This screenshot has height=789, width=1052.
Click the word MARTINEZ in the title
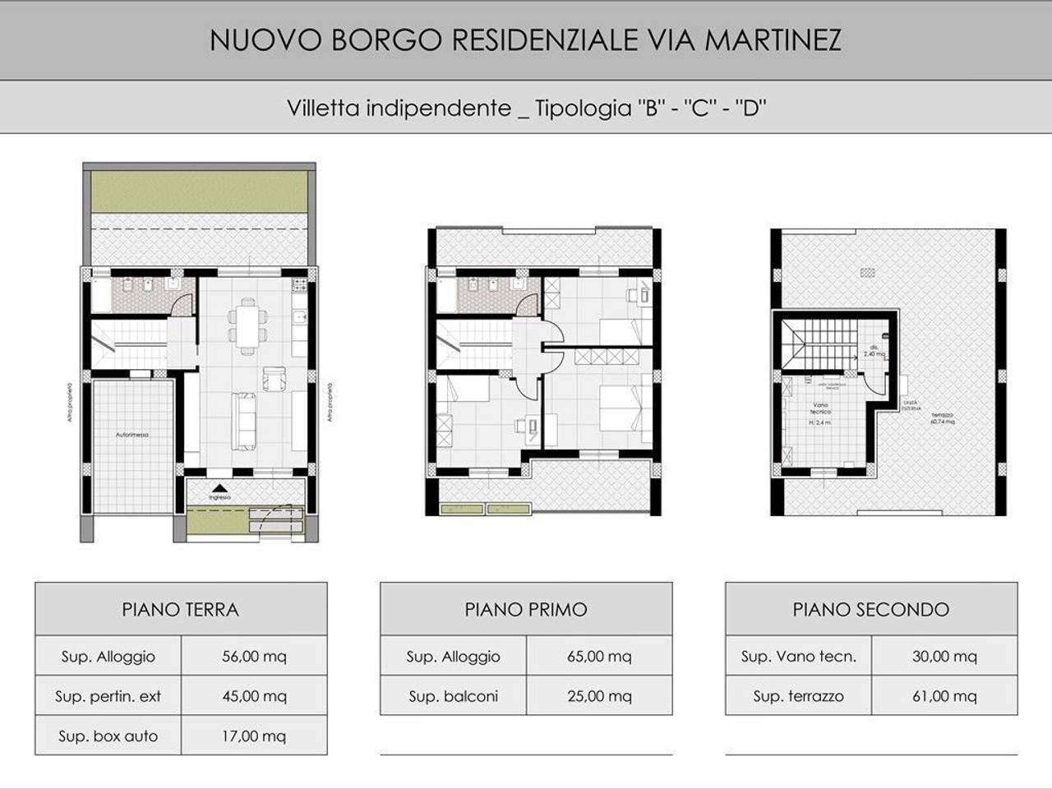[773, 40]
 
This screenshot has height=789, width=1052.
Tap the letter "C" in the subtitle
[699, 108]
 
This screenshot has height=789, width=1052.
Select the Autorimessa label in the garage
[132, 434]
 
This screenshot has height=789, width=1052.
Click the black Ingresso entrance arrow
[219, 487]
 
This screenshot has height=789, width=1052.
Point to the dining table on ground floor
[247, 326]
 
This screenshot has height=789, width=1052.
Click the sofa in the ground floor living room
[245, 421]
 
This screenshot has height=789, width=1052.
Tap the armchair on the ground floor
[273, 378]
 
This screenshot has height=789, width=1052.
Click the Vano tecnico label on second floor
[821, 408]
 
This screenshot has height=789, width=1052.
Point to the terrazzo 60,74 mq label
[942, 418]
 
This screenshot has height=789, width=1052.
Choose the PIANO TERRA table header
[180, 610]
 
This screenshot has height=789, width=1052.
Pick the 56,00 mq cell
[254, 657]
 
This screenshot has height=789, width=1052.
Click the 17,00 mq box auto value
[254, 736]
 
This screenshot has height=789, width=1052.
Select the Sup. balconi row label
[453, 696]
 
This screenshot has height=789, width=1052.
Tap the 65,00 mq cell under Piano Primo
[599, 657]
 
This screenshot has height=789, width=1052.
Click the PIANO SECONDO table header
[870, 610]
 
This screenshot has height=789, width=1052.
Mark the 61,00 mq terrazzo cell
[944, 696]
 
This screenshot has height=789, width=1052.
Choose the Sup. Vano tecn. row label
[798, 657]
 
